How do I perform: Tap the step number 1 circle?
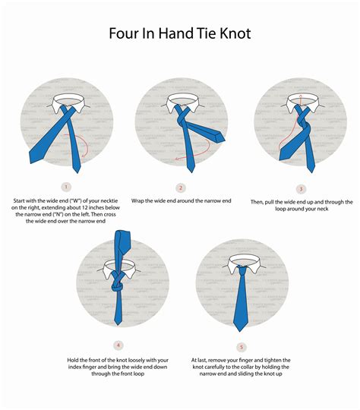tap(66, 188)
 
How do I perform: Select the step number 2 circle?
tap(181, 188)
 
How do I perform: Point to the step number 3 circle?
tap(301, 189)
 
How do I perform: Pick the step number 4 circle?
tap(118, 345)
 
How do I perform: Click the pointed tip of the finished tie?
tap(242, 329)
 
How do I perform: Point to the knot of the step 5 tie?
tap(242, 271)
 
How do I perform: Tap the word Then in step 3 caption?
tap(258, 202)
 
